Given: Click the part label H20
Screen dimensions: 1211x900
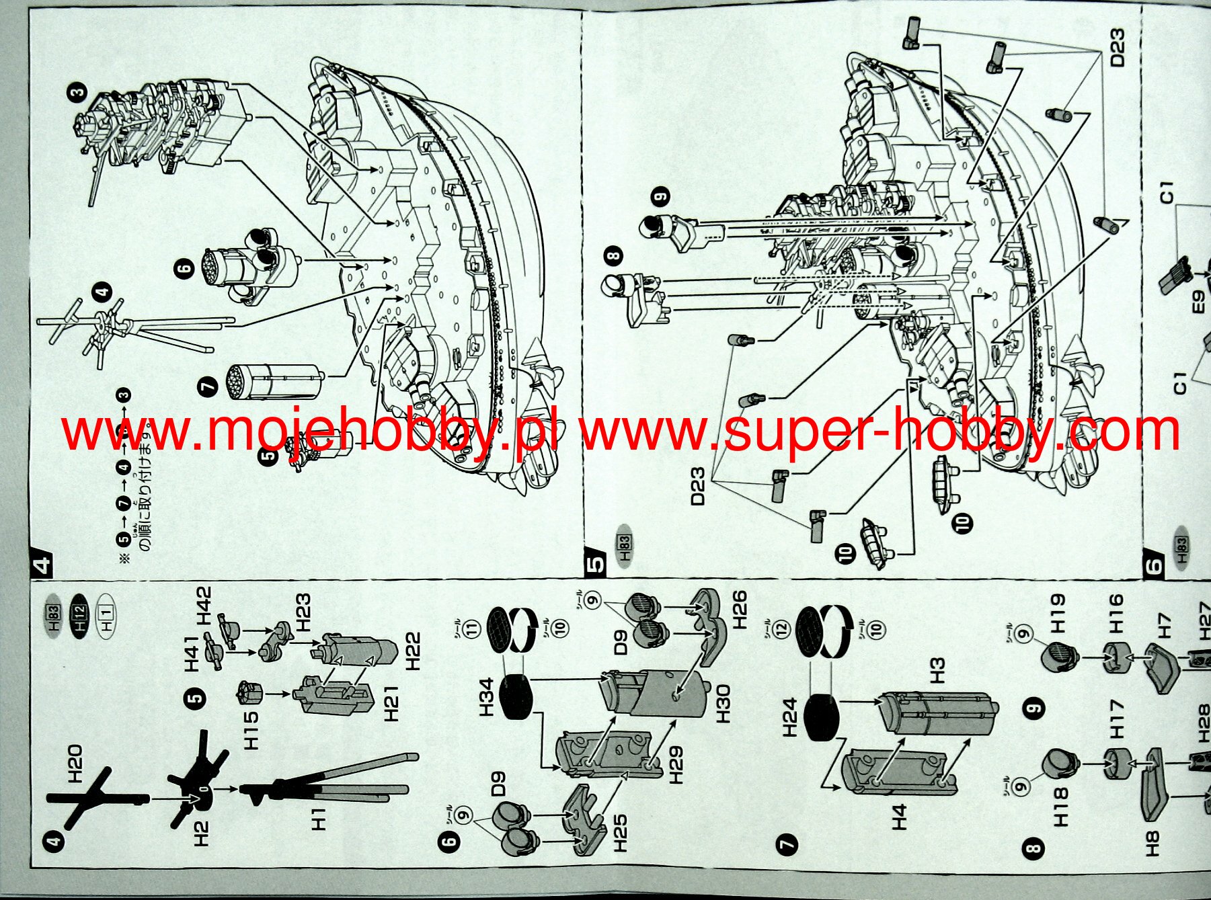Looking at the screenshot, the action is (75, 764).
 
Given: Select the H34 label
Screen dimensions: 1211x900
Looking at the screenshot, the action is (487, 697).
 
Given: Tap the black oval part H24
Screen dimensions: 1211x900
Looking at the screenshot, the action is (821, 717).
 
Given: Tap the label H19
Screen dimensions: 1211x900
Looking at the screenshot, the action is (1058, 613).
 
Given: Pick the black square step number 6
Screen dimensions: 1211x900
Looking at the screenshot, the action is (1154, 565).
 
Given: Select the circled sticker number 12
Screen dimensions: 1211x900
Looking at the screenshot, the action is (781, 630).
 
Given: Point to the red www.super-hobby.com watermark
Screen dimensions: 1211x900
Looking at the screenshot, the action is (879, 432).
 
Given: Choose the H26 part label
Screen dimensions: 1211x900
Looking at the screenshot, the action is (738, 609).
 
